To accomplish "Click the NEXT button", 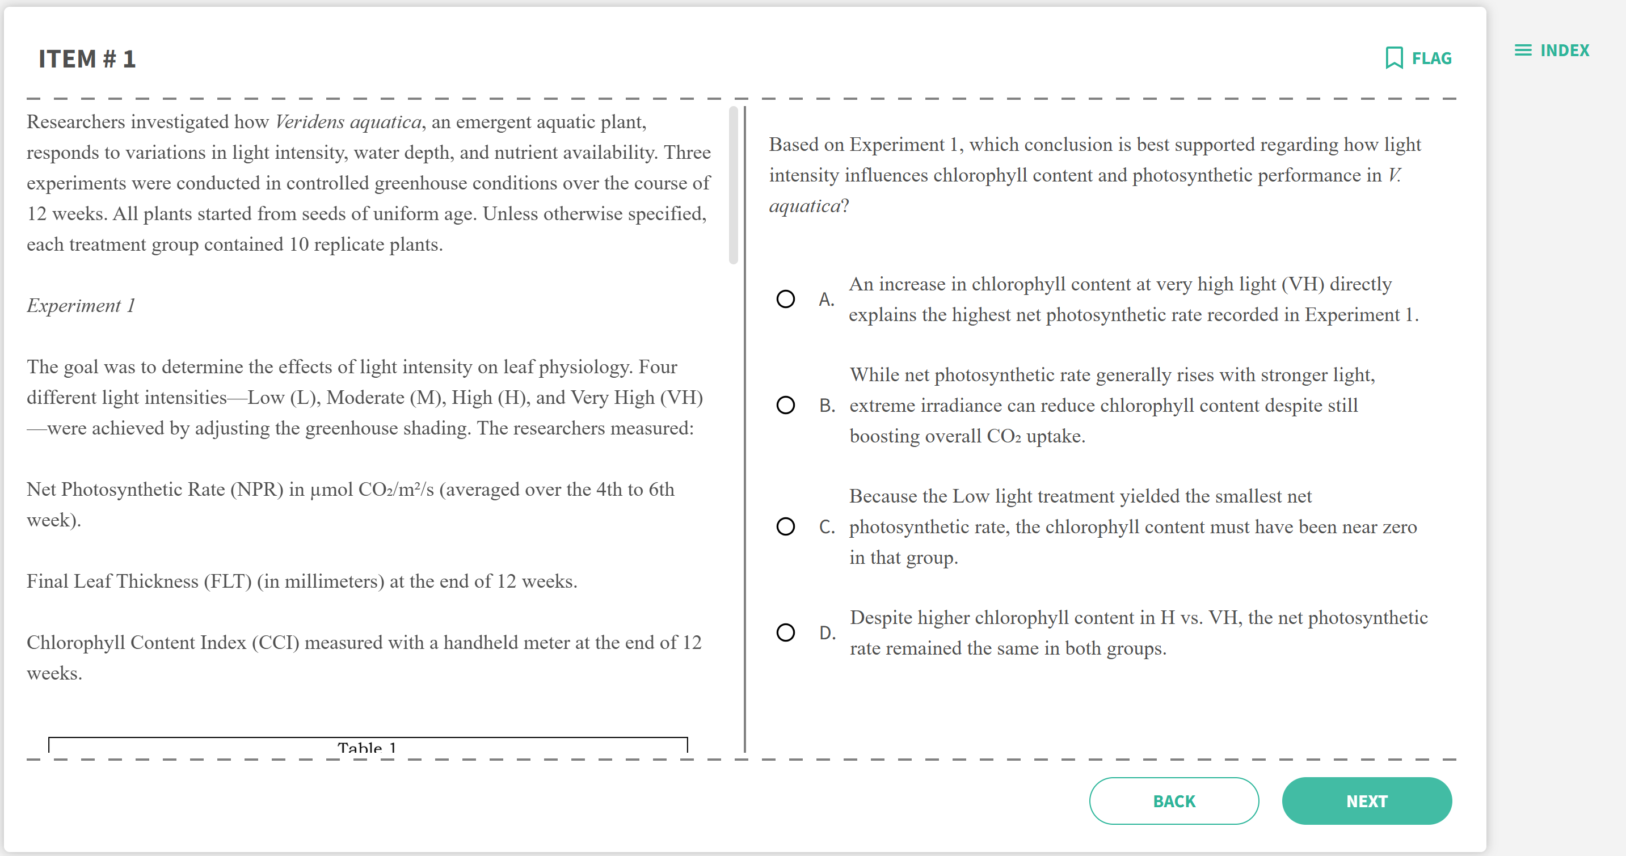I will (x=1366, y=800).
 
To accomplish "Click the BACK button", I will (x=1173, y=800).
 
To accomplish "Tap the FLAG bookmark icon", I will (x=1394, y=58).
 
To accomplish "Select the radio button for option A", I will (x=785, y=298).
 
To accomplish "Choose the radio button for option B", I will (x=785, y=404).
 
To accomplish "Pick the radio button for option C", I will (x=785, y=526).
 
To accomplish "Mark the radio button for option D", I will (x=785, y=632).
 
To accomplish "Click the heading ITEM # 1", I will (x=87, y=58).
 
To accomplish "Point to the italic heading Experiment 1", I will (x=81, y=306).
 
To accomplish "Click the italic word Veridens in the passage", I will (x=309, y=121).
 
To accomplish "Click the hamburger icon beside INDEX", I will (x=1523, y=50).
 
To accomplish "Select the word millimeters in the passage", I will (x=334, y=581).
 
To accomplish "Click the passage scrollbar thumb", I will (x=733, y=185).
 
